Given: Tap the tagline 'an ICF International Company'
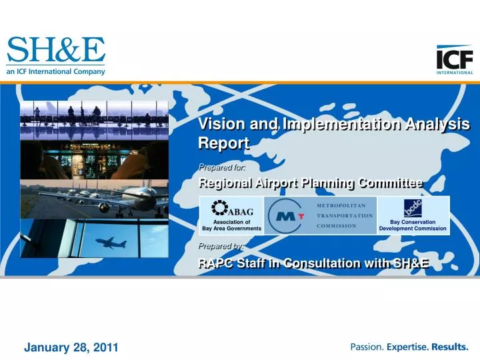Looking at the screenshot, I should tap(56, 72).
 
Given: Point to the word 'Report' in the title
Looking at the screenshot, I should tap(223, 143).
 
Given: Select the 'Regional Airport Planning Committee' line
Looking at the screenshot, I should tap(311, 183).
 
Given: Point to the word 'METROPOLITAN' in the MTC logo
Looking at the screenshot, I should tap(343, 205).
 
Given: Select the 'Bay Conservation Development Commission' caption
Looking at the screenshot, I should tap(413, 225).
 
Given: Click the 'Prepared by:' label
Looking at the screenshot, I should tap(217, 246).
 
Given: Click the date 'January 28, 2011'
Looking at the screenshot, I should tap(71, 347).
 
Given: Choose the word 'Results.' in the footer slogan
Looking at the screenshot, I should tap(450, 347).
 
